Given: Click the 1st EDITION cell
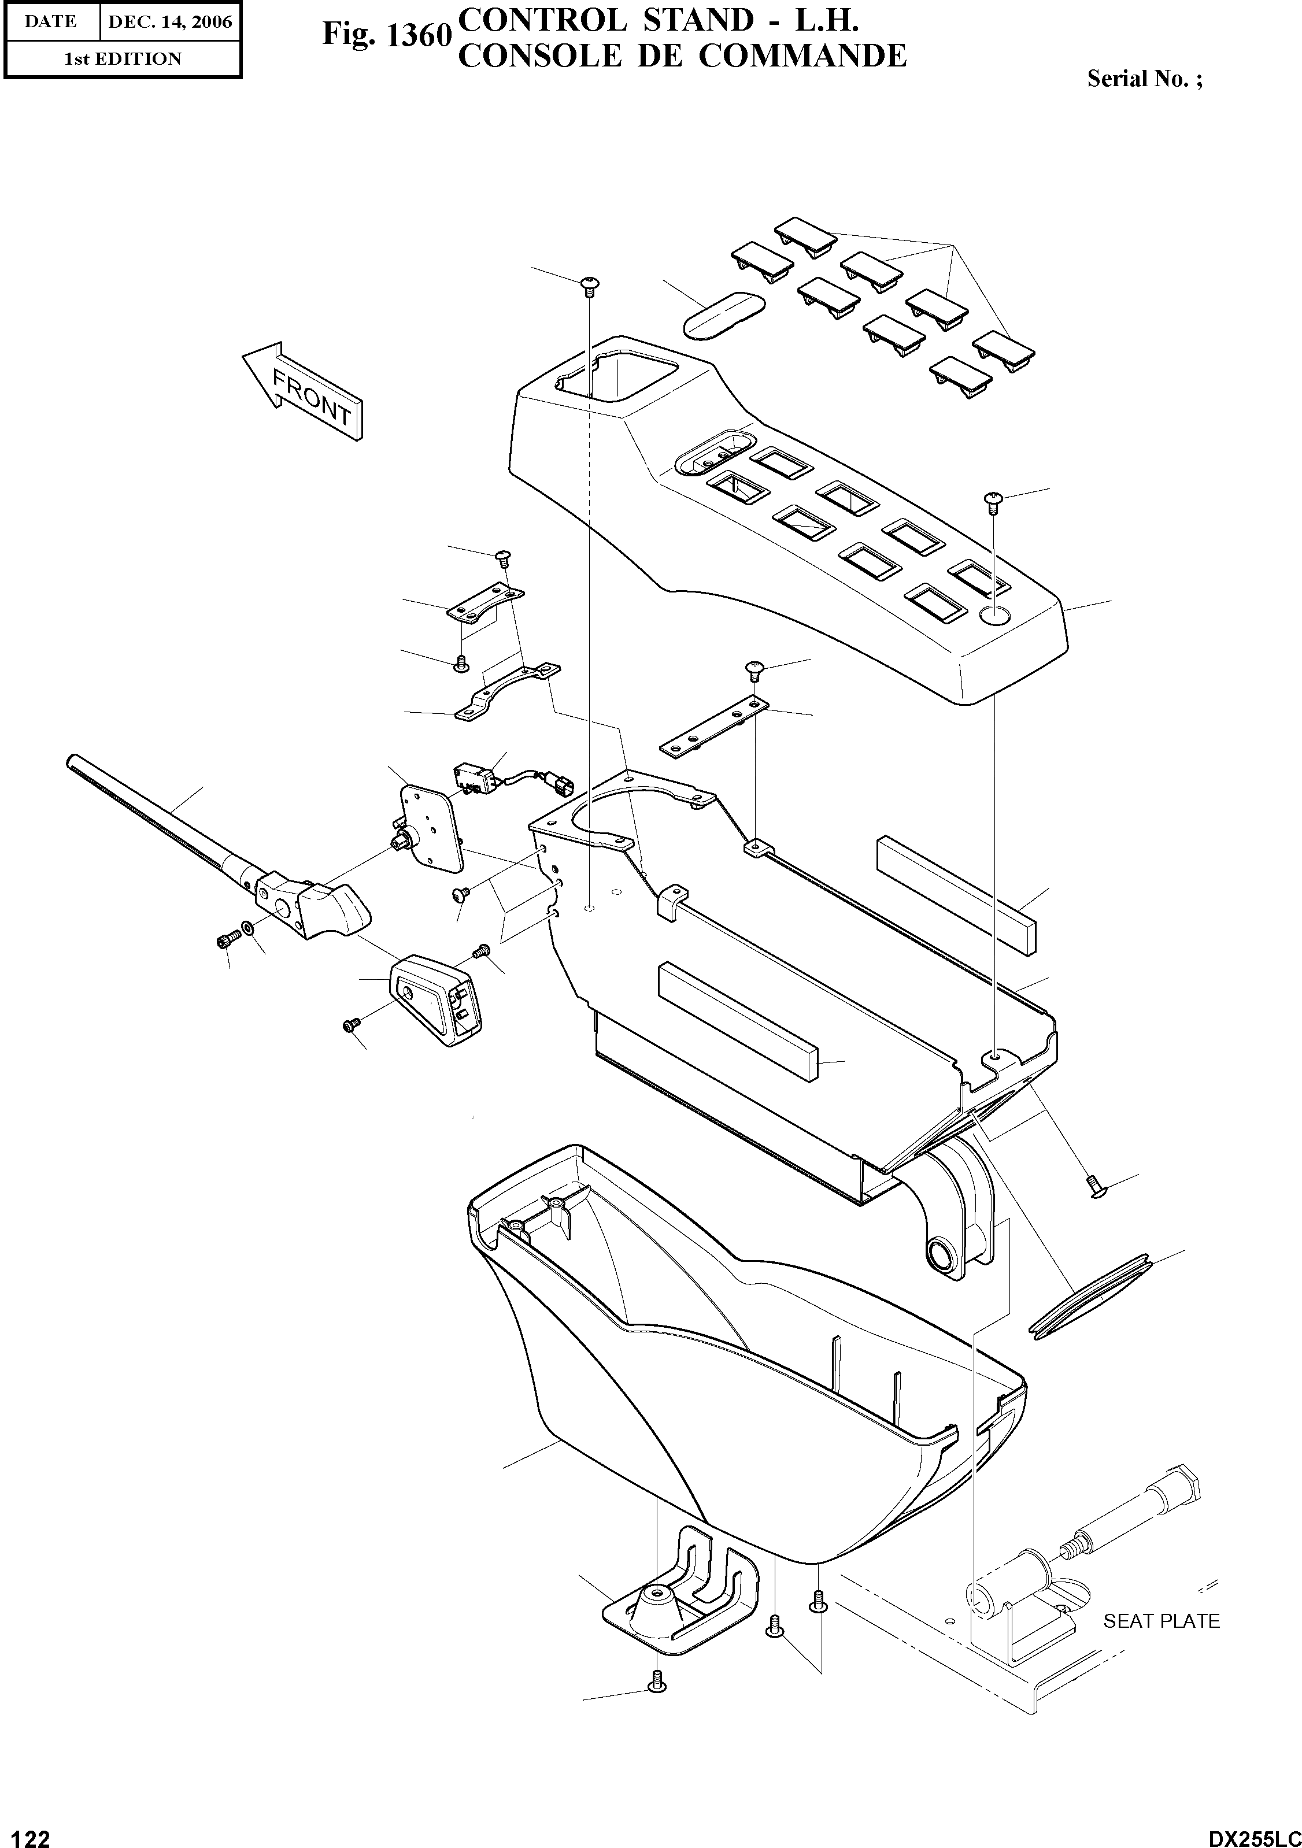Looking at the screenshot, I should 123,59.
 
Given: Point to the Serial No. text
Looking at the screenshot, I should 1144,79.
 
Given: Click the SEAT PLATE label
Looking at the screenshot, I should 1160,1621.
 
